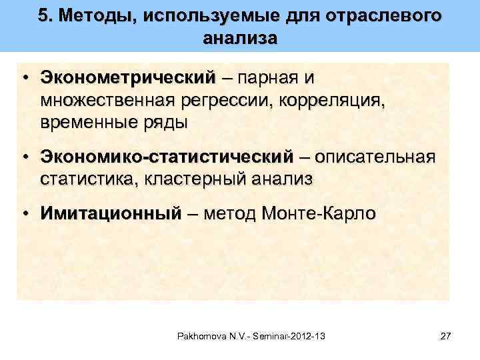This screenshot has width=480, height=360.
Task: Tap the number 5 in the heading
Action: pos(44,15)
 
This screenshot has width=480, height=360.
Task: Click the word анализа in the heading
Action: pos(239,38)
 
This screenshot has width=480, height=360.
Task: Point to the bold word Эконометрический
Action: pos(129,77)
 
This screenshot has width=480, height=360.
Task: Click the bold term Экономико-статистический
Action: pos(166,157)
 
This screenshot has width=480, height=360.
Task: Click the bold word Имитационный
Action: pos(110,213)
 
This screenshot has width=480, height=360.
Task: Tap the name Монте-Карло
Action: pos(319,213)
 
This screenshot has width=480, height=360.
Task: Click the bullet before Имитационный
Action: pos(24,213)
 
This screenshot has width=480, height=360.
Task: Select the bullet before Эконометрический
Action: pos(24,77)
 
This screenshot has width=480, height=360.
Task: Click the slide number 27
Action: pos(446,335)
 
